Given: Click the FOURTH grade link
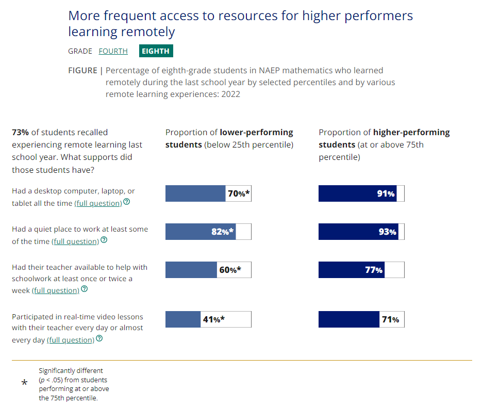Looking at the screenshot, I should click(113, 51).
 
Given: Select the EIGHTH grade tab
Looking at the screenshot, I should click(156, 51).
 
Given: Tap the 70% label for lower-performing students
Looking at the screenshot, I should click(239, 194).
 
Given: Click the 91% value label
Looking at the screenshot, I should click(386, 194).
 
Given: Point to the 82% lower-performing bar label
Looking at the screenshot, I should click(223, 232).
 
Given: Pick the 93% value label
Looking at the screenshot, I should click(387, 232).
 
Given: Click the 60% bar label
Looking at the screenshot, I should click(229, 270).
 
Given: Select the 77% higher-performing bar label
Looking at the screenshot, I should click(374, 270).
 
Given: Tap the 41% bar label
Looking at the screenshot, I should click(213, 319).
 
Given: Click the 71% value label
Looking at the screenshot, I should click(390, 319).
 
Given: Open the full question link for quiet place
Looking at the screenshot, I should click(76, 241).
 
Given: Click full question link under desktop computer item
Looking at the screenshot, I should click(98, 203).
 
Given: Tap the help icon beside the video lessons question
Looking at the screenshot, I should click(99, 339).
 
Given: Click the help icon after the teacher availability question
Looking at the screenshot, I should click(85, 289).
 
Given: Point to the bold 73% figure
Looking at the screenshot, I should click(20, 133).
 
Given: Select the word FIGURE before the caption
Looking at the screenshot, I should click(82, 70).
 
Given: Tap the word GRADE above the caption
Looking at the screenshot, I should click(80, 51).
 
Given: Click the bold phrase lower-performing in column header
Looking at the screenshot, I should click(256, 133).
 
